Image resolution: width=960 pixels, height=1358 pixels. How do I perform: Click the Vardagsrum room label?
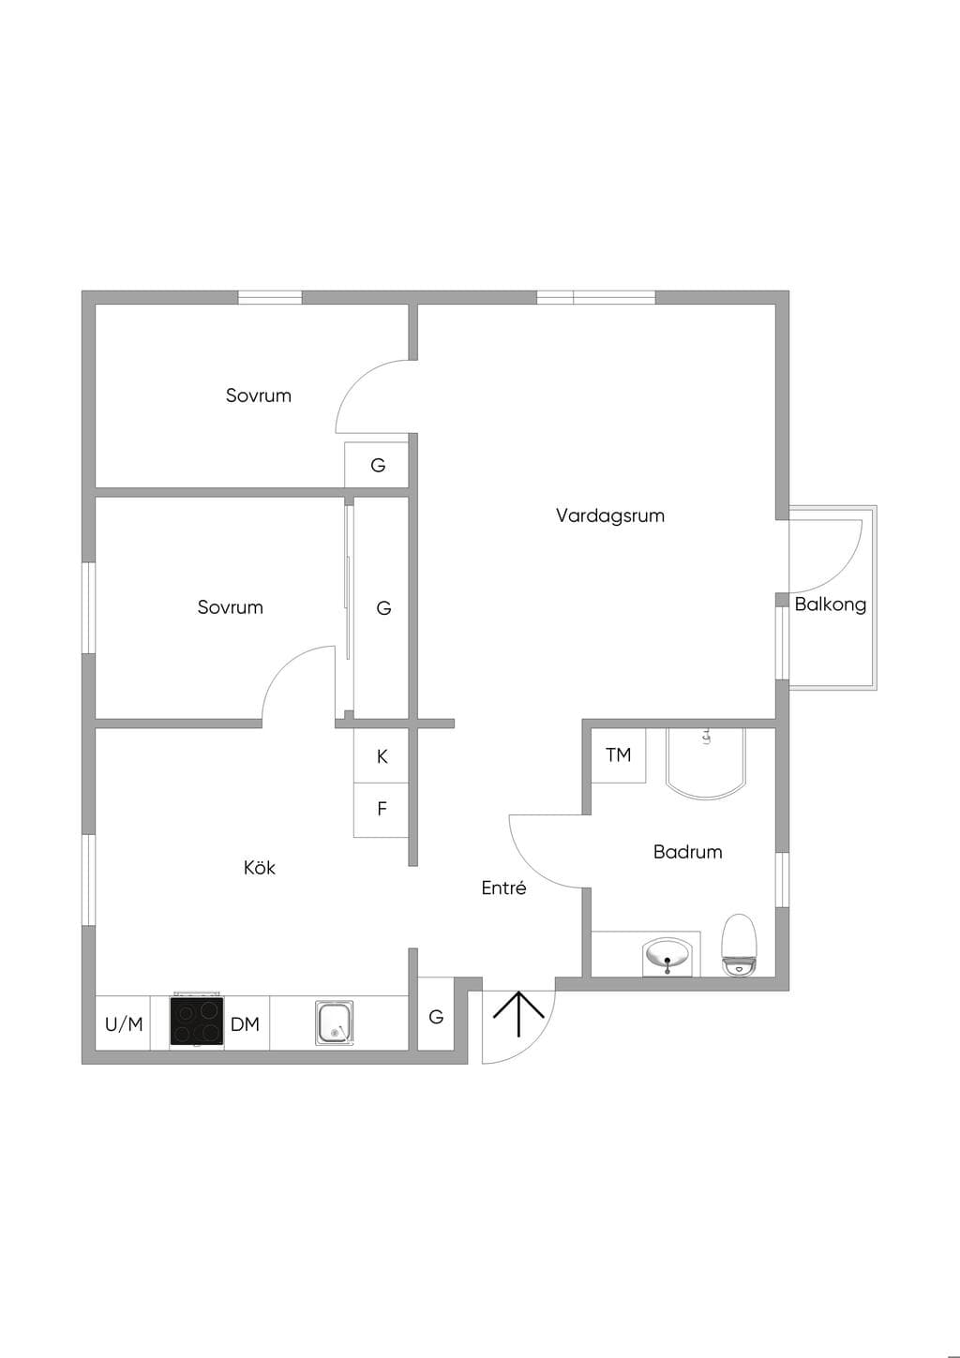tap(610, 515)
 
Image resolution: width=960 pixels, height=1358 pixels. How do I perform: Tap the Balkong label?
tap(831, 604)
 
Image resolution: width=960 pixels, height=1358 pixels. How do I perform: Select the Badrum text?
tap(688, 852)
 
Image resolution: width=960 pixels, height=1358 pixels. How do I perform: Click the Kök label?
tap(260, 868)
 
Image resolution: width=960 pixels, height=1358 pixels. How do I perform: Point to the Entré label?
tap(504, 888)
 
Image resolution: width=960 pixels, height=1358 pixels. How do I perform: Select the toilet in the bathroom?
tap(738, 945)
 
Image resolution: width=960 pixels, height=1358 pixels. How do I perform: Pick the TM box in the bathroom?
tap(618, 754)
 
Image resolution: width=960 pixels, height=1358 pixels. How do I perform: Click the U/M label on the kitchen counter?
tap(124, 1024)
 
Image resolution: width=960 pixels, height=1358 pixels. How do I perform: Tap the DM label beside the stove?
tap(246, 1024)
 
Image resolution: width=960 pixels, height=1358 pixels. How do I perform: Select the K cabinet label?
tap(382, 756)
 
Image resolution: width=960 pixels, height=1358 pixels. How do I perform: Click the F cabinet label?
tap(382, 809)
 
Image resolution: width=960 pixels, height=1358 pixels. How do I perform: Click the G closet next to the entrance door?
tap(436, 1017)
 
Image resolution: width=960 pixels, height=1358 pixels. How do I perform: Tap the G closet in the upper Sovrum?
tap(377, 465)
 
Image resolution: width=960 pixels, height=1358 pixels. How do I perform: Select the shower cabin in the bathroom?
tap(705, 764)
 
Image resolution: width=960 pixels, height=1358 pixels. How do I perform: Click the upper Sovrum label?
tap(259, 395)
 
